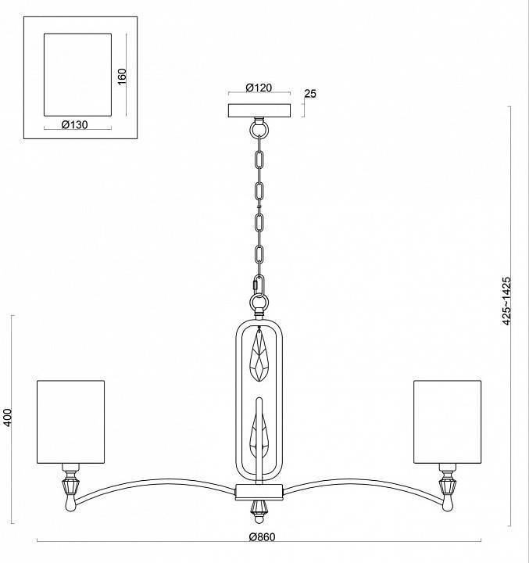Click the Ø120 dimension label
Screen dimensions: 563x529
(259, 88)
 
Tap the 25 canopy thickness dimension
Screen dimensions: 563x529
(310, 94)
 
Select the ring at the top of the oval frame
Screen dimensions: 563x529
(259, 303)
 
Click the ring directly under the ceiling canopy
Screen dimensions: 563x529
(259, 127)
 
